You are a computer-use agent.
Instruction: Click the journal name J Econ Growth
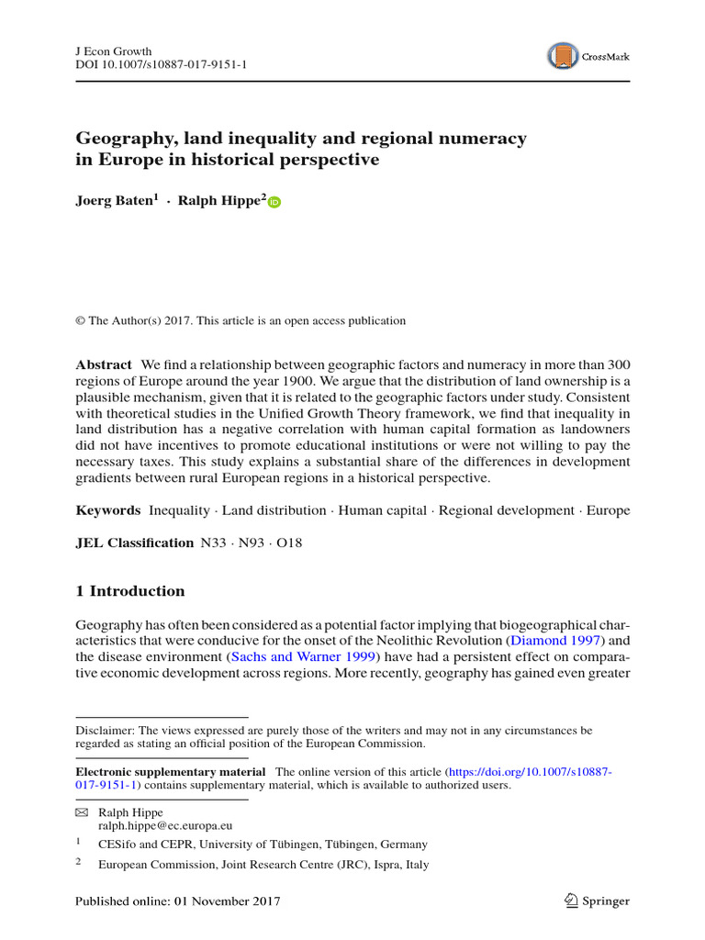pos(113,50)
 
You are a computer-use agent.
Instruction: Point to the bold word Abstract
pos(104,364)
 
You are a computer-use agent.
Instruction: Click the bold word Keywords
pos(107,510)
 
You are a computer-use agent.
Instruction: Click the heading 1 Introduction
pos(129,591)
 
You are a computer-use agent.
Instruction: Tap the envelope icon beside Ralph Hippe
pos(81,812)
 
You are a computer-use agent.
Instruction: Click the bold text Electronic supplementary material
pos(171,772)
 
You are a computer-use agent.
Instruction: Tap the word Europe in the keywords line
pos(610,510)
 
